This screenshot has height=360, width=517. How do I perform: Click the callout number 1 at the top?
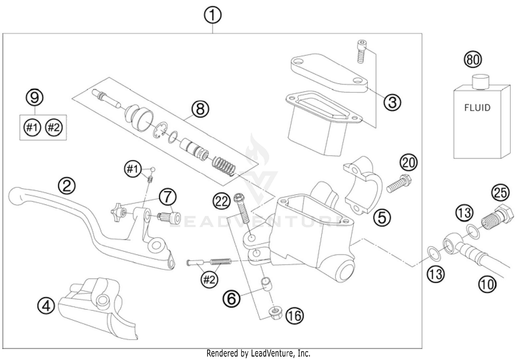(x=213, y=16)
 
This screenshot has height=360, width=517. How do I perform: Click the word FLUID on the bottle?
(x=477, y=108)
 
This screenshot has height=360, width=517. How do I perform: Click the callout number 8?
(x=200, y=109)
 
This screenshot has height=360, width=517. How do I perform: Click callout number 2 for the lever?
(x=67, y=186)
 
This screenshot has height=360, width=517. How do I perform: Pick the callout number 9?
(x=35, y=98)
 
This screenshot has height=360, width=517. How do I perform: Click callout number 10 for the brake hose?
(x=487, y=284)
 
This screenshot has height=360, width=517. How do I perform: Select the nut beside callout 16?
(x=274, y=312)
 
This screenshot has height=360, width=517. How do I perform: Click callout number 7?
(x=168, y=197)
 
